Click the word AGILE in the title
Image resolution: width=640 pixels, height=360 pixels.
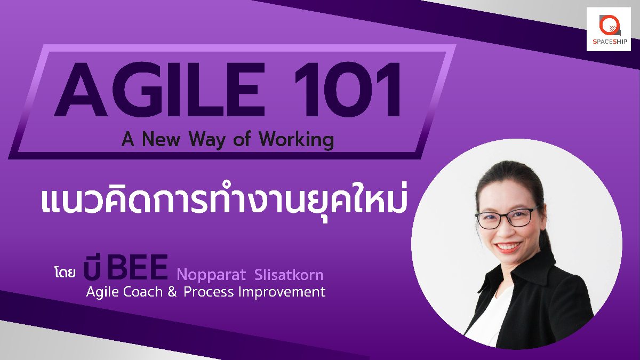coord(159,90)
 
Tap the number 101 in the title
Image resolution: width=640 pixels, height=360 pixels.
coord(347,90)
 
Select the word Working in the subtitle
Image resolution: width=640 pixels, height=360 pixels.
coord(297,140)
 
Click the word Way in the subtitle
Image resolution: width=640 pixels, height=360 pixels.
coord(207,140)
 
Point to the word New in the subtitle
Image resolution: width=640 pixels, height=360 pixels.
coord(161,139)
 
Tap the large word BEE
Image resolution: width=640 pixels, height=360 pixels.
coord(137,267)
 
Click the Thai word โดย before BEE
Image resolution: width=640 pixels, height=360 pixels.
coord(65,273)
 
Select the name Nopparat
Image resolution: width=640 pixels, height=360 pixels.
coord(211,275)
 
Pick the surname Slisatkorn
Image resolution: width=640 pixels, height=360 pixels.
coord(289,274)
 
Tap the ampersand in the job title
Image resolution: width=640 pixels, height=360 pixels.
coord(172,292)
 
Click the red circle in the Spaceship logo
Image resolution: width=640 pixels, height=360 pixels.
coord(609,25)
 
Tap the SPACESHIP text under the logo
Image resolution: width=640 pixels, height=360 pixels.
coord(610,42)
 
